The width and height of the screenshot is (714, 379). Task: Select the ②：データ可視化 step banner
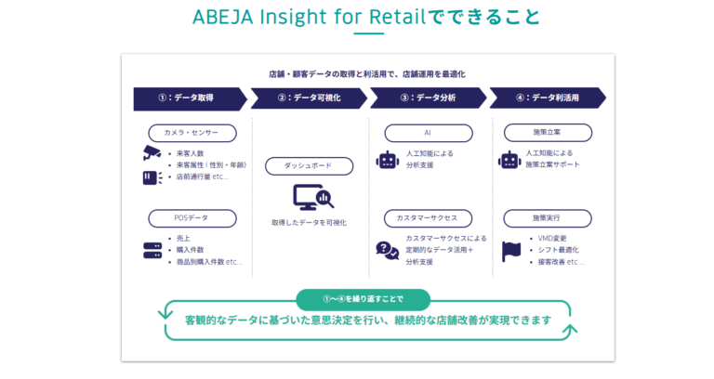(309, 98)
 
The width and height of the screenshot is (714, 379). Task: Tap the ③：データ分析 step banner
(428, 98)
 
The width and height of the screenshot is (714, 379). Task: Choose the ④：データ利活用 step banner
(548, 98)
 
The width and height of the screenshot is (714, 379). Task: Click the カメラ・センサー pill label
(192, 133)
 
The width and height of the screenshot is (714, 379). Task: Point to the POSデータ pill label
(192, 218)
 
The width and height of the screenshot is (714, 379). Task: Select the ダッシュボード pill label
(310, 166)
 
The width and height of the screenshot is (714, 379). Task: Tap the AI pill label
(429, 133)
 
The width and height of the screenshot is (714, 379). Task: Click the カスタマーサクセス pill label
(428, 218)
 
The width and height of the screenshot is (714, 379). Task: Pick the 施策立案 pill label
(548, 133)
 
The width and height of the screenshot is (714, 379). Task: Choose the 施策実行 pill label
(548, 218)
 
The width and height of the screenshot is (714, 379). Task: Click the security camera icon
(152, 153)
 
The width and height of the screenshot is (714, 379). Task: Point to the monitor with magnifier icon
(313, 197)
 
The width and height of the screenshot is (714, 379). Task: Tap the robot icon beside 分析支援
(388, 160)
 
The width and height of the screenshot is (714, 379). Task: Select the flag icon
(511, 252)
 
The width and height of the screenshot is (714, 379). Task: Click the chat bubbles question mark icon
(388, 250)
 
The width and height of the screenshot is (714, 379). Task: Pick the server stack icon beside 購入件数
(152, 251)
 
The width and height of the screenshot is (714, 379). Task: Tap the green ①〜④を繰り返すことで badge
(363, 299)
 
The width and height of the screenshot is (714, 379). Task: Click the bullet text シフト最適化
(558, 250)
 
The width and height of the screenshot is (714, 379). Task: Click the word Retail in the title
(398, 18)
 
